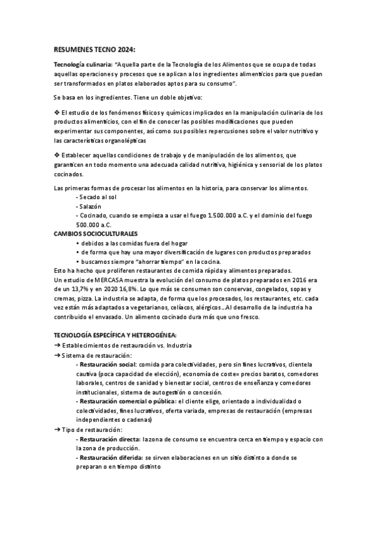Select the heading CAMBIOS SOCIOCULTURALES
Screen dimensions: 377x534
(x=96, y=233)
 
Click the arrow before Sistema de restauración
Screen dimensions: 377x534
(x=57, y=355)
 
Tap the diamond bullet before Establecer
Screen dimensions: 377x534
(x=57, y=155)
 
